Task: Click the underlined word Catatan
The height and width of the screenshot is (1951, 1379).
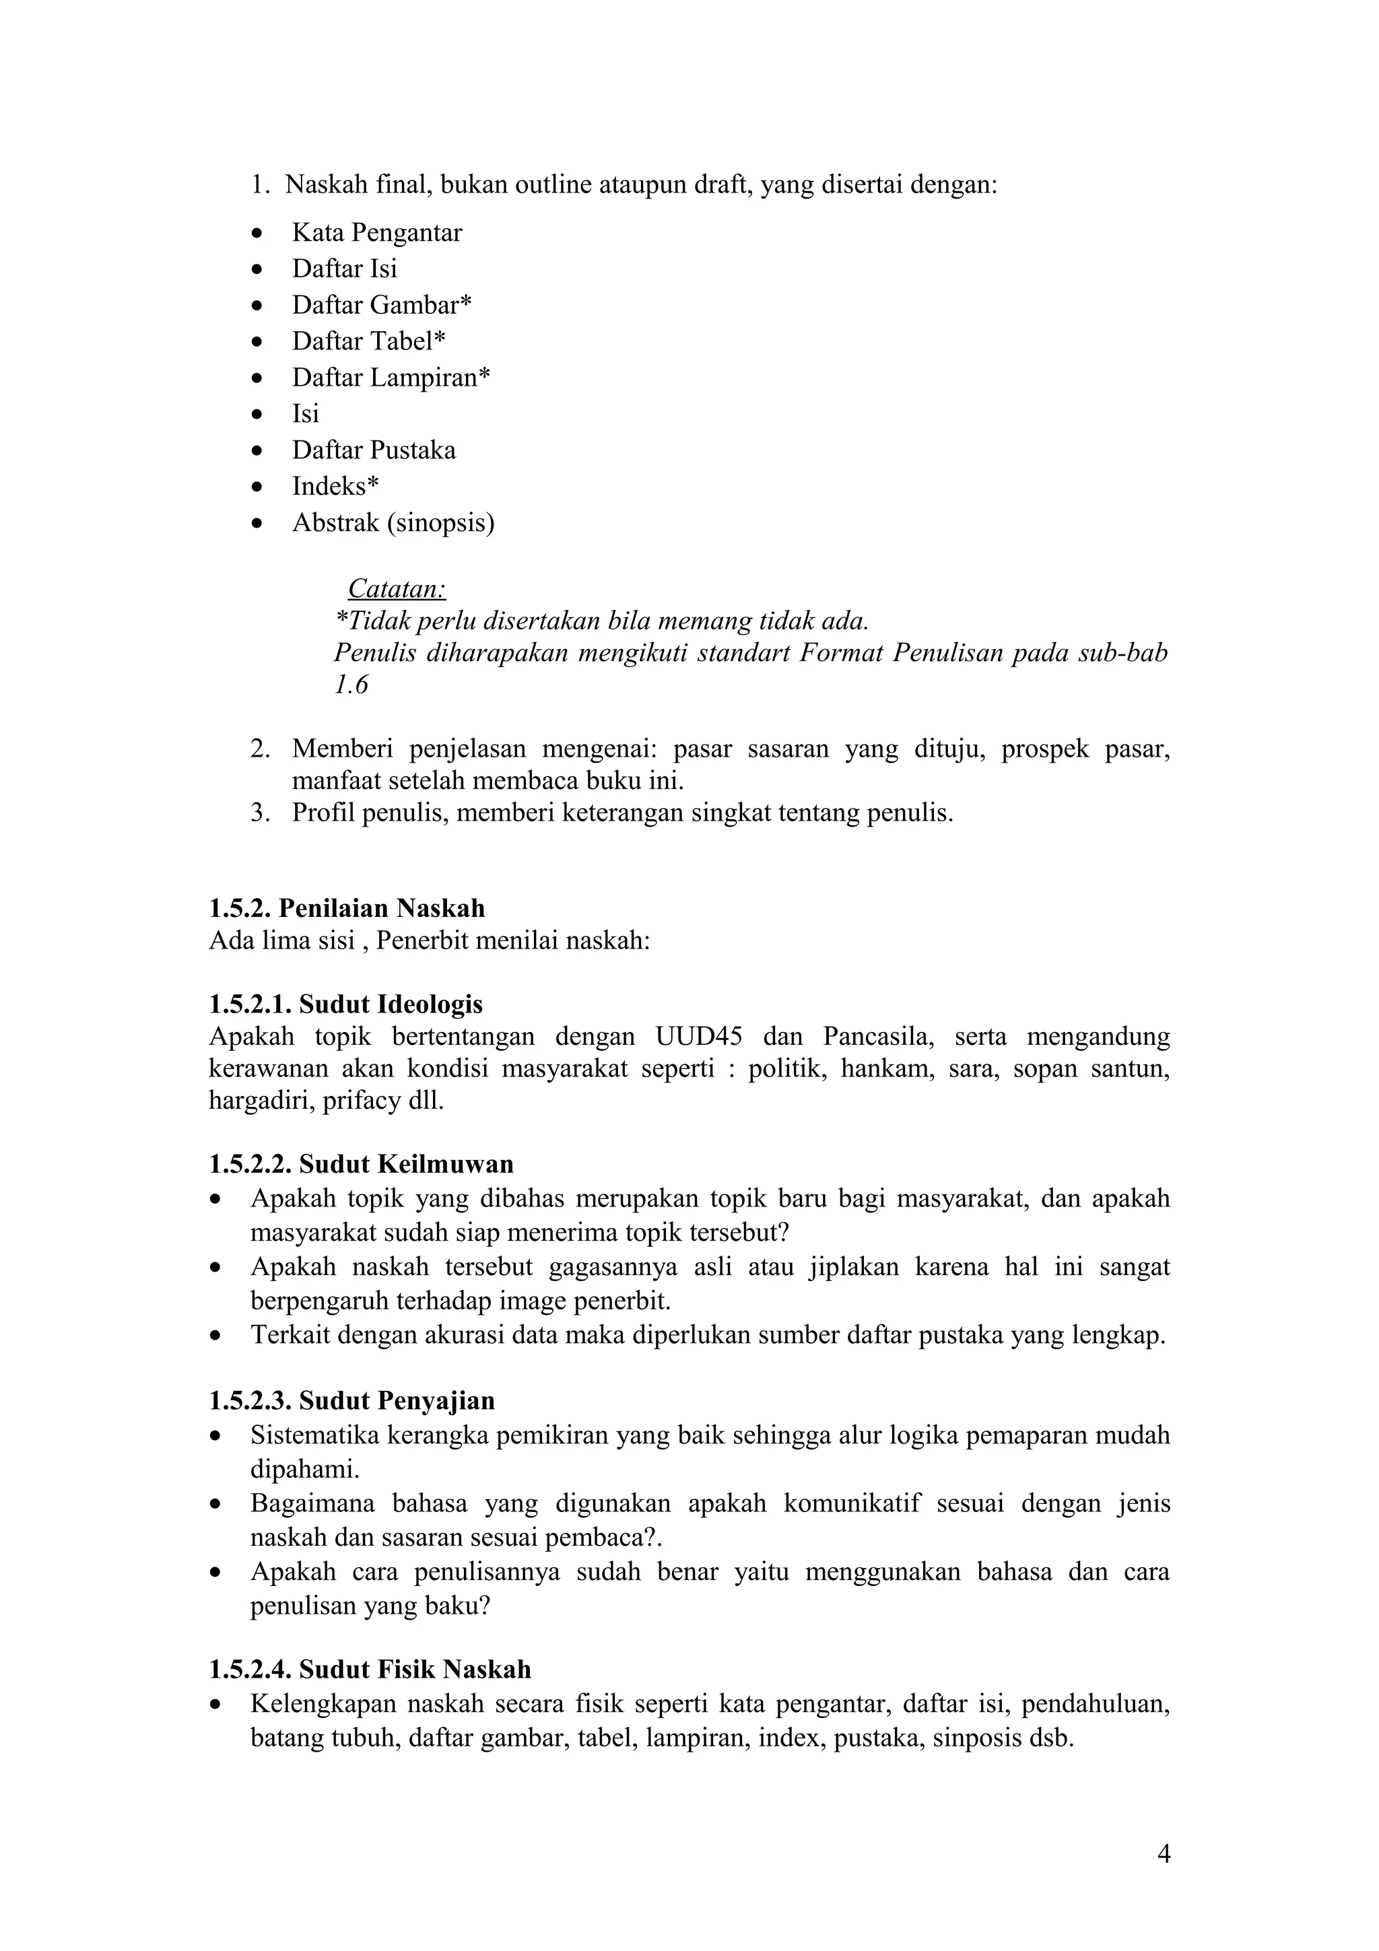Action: point(397,589)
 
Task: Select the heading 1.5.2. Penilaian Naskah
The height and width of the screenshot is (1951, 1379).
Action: point(347,908)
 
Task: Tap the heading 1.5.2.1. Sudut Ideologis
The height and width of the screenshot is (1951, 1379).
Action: point(346,1004)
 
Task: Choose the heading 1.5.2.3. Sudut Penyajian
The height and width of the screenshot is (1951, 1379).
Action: point(351,1400)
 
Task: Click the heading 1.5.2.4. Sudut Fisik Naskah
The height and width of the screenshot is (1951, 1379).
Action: point(370,1670)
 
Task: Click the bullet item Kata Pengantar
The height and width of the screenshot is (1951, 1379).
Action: point(377,233)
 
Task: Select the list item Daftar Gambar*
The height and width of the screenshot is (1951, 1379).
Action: point(382,305)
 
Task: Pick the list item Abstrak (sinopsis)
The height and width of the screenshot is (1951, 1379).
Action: point(393,522)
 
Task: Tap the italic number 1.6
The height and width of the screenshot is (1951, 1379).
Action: point(351,685)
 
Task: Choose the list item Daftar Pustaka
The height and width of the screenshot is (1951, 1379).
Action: point(374,450)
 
